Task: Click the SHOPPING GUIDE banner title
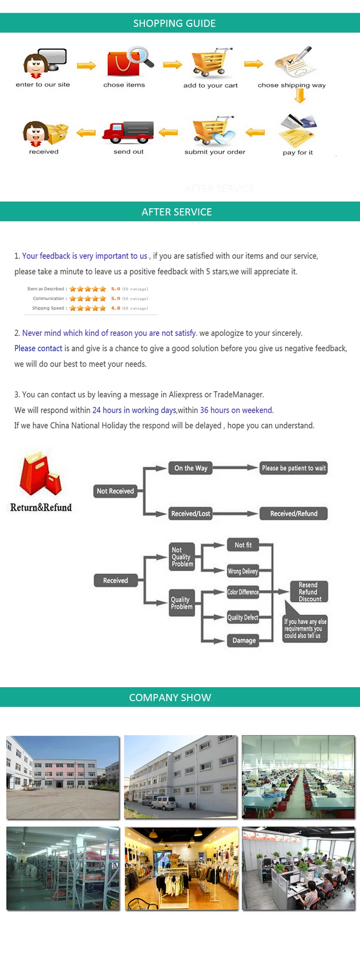click(x=174, y=23)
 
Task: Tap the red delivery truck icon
click(x=128, y=132)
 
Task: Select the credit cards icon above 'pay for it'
click(x=298, y=130)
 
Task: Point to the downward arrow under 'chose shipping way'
click(x=300, y=96)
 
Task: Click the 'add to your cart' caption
click(x=210, y=85)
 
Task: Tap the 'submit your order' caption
click(x=215, y=152)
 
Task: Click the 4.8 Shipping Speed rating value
click(x=116, y=308)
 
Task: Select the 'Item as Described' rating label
click(x=47, y=289)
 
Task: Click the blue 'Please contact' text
click(x=38, y=348)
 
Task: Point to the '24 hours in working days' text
click(x=134, y=410)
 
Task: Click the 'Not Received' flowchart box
click(x=115, y=491)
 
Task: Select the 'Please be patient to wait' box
click(x=294, y=468)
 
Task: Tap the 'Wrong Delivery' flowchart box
click(x=243, y=571)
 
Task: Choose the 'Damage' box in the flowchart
click(x=244, y=641)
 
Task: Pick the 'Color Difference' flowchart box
click(x=243, y=592)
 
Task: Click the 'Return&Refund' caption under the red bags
click(x=41, y=508)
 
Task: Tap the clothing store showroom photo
click(x=181, y=868)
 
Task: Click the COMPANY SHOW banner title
click(x=170, y=697)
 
